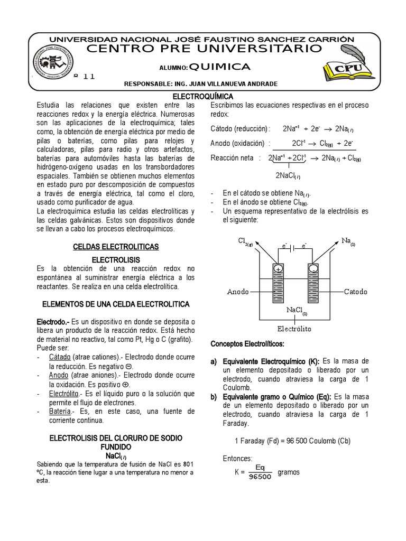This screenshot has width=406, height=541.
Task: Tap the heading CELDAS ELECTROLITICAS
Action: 115,247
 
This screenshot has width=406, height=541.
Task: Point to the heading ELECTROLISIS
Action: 115,260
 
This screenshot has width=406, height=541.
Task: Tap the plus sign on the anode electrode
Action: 278,269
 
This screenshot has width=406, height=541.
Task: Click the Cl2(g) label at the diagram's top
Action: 245,241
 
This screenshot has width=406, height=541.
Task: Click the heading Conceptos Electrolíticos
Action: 247,344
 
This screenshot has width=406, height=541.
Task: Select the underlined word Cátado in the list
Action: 60,357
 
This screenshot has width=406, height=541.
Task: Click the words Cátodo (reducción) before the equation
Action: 239,128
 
